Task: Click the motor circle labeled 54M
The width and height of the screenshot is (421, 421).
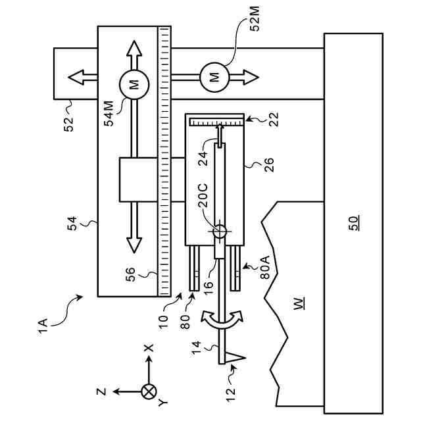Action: coord(134,84)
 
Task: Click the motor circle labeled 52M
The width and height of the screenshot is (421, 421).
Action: coord(214,78)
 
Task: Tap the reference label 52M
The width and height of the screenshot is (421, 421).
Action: coord(255,19)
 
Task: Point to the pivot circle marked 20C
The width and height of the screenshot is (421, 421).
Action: coord(220,231)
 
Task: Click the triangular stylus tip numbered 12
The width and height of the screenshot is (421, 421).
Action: coord(235,358)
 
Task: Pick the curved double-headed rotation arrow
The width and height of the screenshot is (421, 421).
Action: coord(222,320)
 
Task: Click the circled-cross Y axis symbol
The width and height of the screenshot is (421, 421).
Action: coord(149,391)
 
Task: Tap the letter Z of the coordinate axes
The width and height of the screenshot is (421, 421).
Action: coord(102,392)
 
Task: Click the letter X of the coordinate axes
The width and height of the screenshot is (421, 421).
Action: coord(149,348)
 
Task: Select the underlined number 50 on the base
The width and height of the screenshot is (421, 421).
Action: coord(353,223)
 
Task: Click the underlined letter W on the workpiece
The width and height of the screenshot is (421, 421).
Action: coord(299,303)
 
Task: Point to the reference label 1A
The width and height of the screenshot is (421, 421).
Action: coord(43,326)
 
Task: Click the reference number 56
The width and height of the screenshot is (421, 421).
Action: coord(131,274)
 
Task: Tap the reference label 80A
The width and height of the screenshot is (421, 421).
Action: coord(265,267)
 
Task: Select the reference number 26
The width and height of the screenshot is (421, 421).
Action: coord(268,164)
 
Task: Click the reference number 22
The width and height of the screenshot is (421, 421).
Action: coord(274,119)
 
